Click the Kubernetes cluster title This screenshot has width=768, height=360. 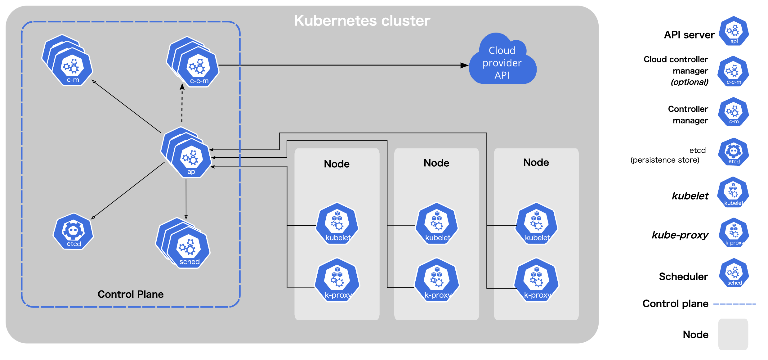[362, 21]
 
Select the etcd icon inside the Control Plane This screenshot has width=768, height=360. [74, 232]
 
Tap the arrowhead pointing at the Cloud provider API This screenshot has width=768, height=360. [464, 65]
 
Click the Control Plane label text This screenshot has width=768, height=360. [130, 294]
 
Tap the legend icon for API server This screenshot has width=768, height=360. [734, 31]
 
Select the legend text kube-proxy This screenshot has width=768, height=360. [680, 235]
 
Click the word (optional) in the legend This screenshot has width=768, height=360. [689, 82]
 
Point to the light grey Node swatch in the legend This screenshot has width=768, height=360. [733, 334]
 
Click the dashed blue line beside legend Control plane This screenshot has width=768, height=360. [734, 304]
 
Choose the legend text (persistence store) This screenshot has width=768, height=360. [665, 160]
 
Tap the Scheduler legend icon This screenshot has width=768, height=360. [734, 273]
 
